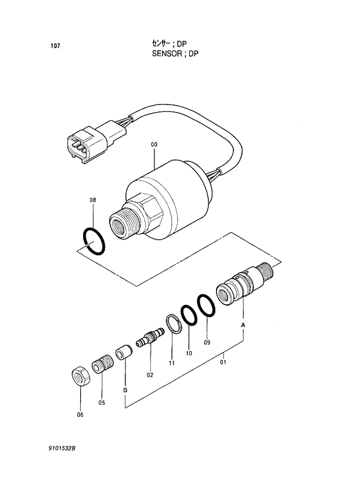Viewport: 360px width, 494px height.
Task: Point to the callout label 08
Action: pos(92,200)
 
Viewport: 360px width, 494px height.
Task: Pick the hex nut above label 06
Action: pos(80,376)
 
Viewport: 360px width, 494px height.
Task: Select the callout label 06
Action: pos(80,414)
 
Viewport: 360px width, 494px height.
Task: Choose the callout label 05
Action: pos(102,403)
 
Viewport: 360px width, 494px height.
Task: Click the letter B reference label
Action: pos(125,390)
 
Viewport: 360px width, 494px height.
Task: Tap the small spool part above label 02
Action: pos(147,338)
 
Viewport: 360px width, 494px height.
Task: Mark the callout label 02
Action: pos(149,375)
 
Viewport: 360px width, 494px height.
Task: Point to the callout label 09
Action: pos(206,342)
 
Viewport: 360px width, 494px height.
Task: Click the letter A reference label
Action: pos(243,326)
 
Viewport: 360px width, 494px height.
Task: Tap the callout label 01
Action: pos(222,362)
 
